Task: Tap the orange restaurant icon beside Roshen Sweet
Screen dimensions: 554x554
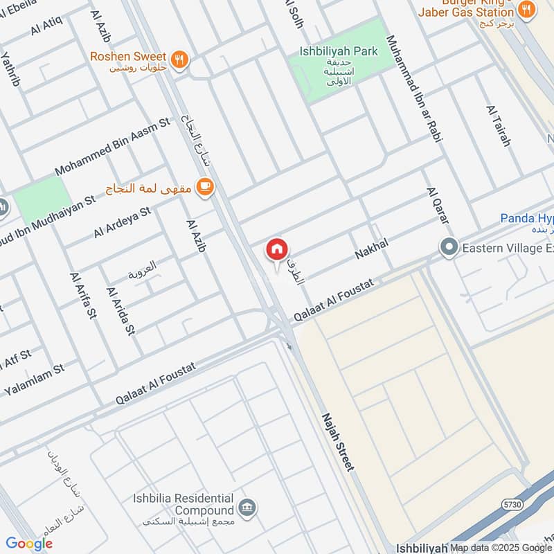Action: coord(180,59)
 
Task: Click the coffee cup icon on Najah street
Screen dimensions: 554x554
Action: coord(204,186)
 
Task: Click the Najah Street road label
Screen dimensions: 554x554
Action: coord(338,443)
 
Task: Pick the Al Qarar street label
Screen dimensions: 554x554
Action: coord(438,205)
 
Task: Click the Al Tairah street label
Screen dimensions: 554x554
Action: coord(499,126)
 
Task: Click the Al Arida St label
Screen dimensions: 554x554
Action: coord(119,311)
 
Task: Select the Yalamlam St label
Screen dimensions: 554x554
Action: coord(34,379)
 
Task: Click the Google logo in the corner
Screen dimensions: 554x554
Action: coord(29,544)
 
